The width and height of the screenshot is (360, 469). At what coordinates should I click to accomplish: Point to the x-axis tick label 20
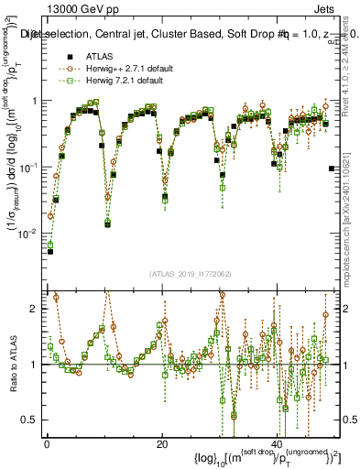(162, 445)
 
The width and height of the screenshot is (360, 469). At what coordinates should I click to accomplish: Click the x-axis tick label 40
(278, 445)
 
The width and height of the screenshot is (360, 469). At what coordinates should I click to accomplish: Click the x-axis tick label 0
(48, 445)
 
